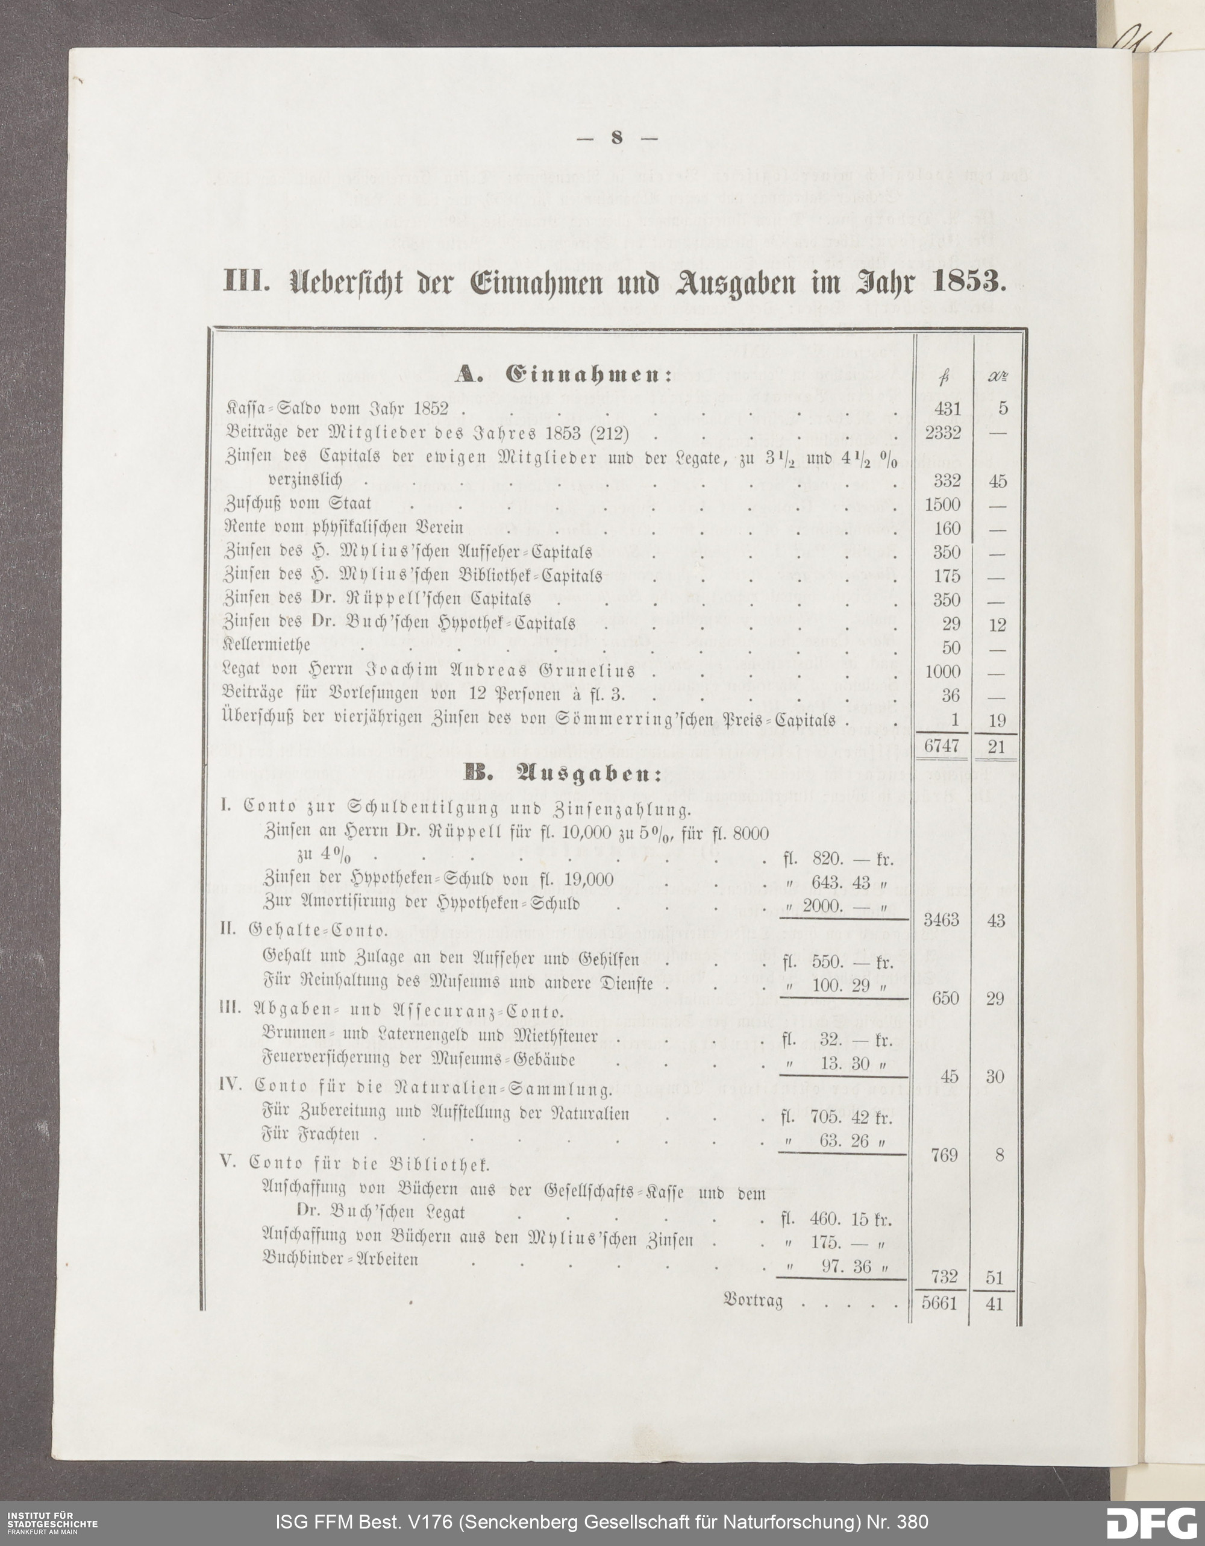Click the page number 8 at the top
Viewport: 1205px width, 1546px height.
coord(616,139)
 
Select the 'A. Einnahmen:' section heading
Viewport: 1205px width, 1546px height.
coord(563,375)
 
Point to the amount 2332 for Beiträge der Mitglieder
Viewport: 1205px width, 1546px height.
coord(942,433)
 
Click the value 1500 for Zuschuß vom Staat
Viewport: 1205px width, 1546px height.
coord(942,504)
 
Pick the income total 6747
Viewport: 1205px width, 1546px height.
coord(942,747)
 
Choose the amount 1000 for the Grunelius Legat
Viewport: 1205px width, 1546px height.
coord(942,671)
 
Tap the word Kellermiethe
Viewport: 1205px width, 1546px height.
coord(267,646)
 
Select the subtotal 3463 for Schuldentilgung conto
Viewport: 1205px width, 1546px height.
coord(941,920)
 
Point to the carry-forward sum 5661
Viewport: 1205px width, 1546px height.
coord(940,1303)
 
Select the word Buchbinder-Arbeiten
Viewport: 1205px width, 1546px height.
coord(340,1259)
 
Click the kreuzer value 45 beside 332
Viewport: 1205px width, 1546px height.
coord(998,482)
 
